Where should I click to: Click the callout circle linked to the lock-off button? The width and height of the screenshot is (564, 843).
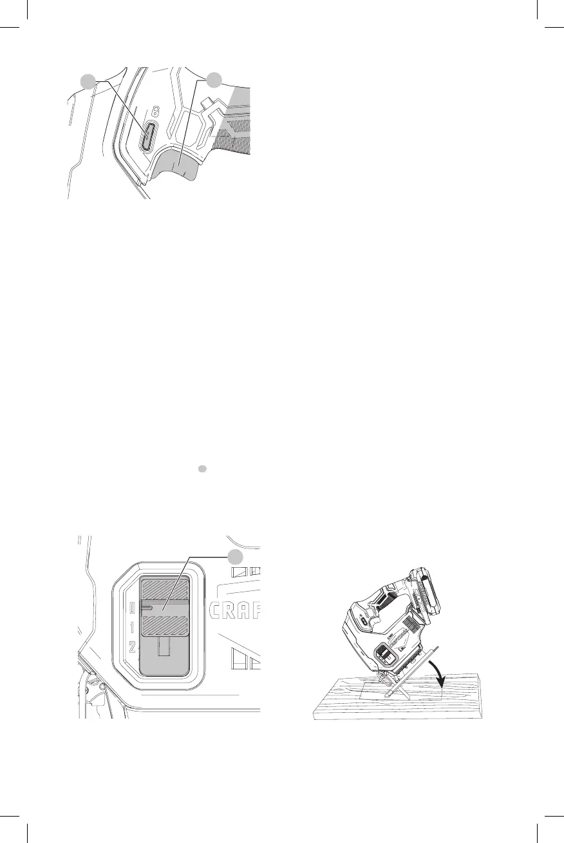89,81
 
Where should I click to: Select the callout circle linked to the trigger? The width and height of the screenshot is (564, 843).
214,80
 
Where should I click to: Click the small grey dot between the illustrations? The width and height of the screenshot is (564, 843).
202,470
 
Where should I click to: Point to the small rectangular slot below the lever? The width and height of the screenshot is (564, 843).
165,647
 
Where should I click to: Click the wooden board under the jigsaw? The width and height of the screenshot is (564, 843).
361,706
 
